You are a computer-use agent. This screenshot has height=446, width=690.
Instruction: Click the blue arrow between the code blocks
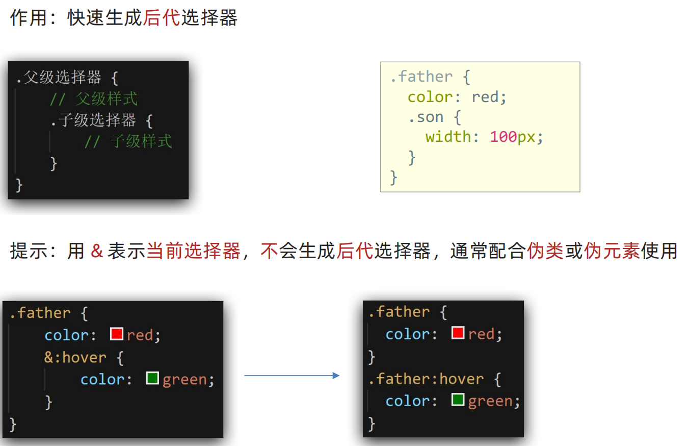coord(291,376)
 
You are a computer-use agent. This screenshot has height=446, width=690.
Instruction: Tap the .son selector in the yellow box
coord(426,117)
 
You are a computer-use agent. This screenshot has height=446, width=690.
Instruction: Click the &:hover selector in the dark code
coord(75,357)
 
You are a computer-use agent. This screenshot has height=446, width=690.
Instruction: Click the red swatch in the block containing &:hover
coord(117,334)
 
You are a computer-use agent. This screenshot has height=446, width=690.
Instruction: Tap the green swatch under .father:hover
coord(458,400)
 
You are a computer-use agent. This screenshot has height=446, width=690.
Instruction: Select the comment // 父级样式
coord(94,98)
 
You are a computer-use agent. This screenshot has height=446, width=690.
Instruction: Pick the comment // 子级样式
coord(128,141)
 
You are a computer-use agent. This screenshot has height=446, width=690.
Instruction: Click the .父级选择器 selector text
coord(59,78)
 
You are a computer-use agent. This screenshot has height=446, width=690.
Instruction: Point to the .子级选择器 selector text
coord(93,120)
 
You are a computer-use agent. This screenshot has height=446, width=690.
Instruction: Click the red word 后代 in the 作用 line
coord(162,18)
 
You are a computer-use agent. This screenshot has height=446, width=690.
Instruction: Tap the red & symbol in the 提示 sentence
coord(97,251)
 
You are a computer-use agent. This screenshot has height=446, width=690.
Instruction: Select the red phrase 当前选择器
coord(193,251)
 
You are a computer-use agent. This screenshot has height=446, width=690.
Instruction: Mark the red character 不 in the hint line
coord(270,251)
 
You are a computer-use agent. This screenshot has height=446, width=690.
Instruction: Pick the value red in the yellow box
coord(485,97)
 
